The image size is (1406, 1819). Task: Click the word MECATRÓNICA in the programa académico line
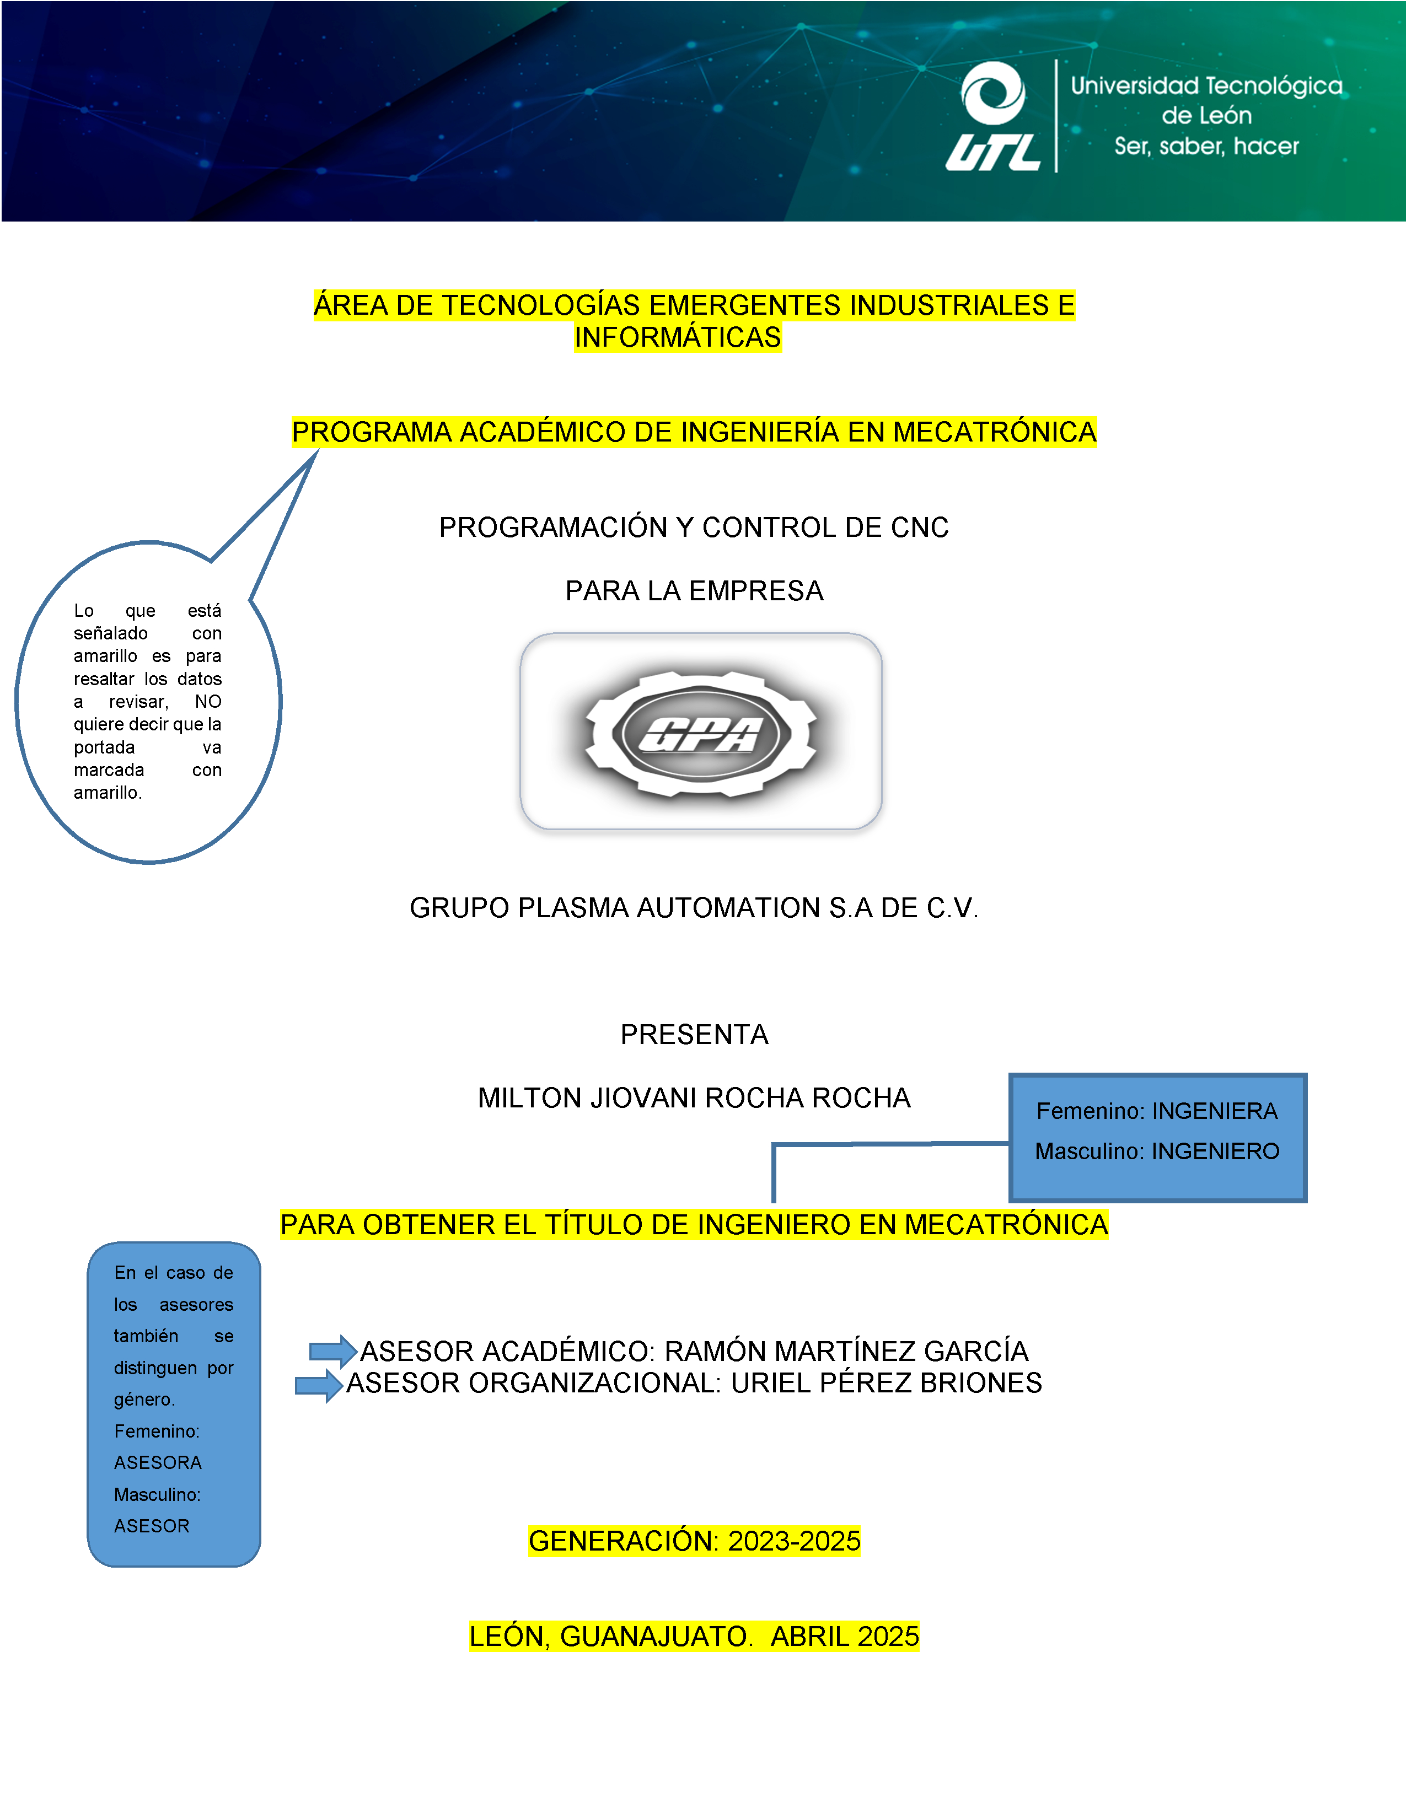click(x=995, y=432)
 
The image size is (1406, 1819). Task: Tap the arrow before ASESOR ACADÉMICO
click(x=333, y=1351)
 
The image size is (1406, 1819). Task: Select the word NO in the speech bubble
click(x=208, y=701)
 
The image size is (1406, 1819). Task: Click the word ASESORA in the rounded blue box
click(x=158, y=1462)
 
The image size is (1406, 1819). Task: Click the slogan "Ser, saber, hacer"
click(x=1206, y=147)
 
